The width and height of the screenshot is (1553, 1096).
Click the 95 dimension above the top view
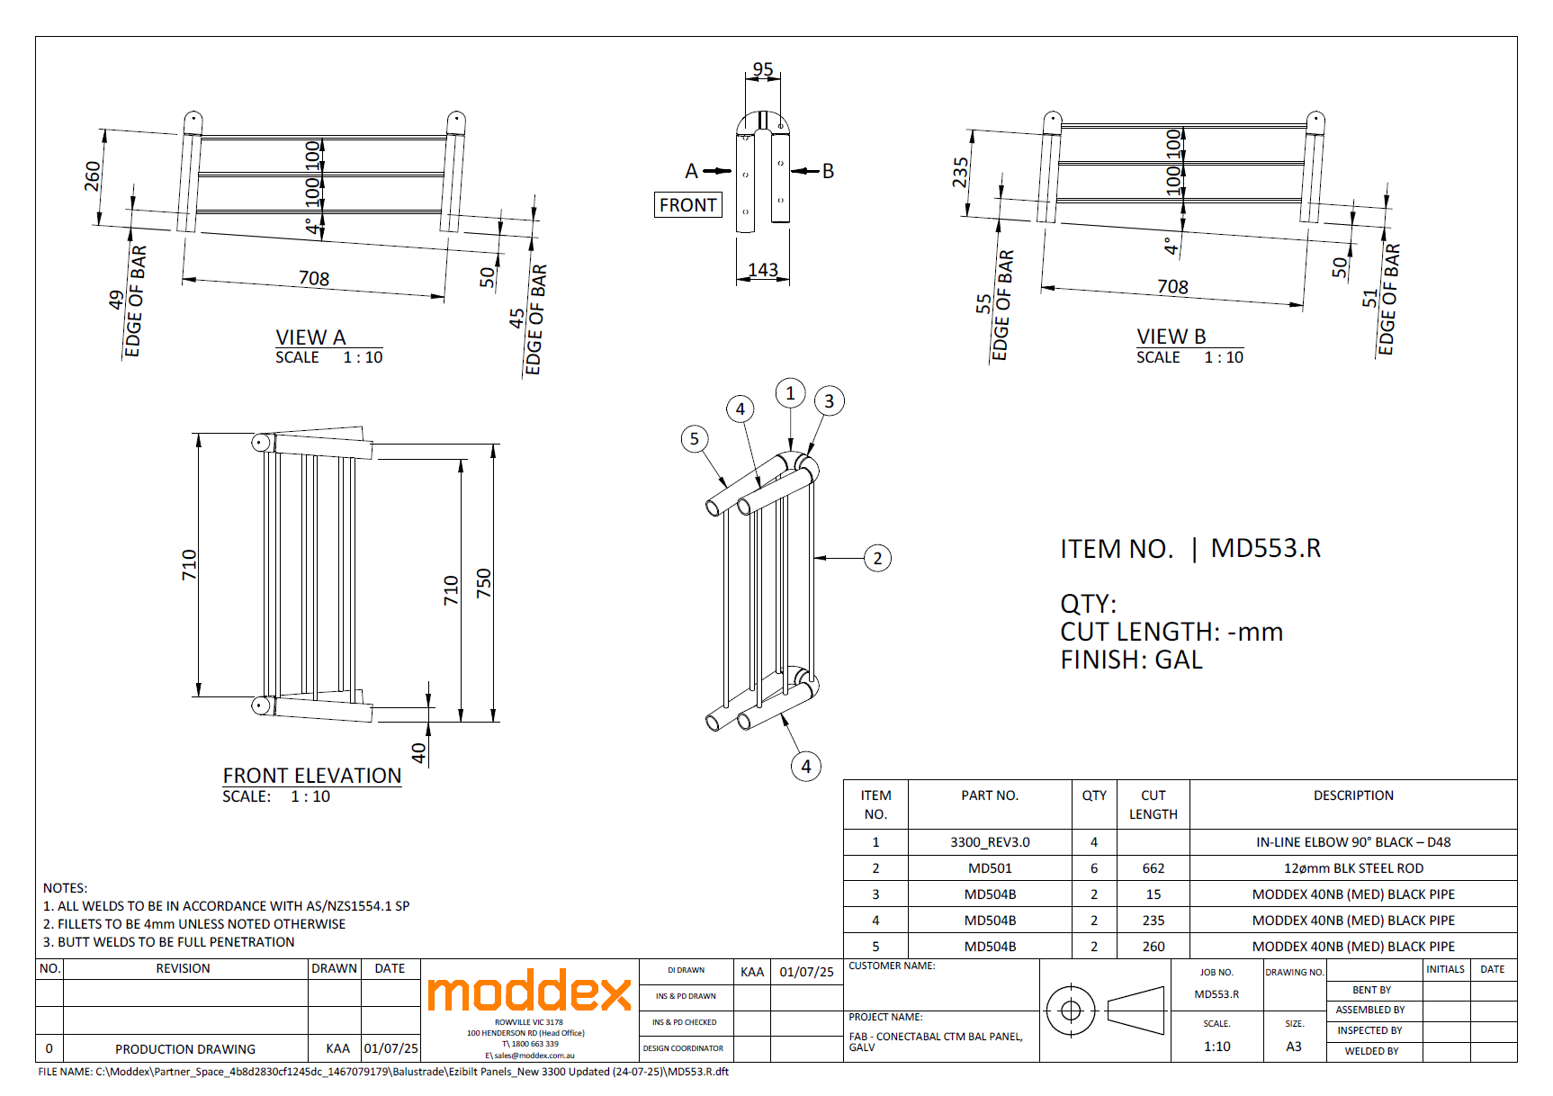point(763,69)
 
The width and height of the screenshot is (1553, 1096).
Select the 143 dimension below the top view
point(763,270)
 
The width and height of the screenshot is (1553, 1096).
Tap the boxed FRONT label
point(688,205)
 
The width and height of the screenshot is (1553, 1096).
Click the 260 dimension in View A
point(92,175)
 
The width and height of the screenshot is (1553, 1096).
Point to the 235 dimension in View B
point(960,173)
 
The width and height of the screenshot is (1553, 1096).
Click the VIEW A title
point(310,337)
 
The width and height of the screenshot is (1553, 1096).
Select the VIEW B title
point(1171,337)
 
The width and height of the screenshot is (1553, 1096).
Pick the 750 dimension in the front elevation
point(484,583)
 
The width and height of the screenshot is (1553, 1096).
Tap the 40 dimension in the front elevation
point(418,752)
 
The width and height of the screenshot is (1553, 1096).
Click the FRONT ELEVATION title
point(312,776)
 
